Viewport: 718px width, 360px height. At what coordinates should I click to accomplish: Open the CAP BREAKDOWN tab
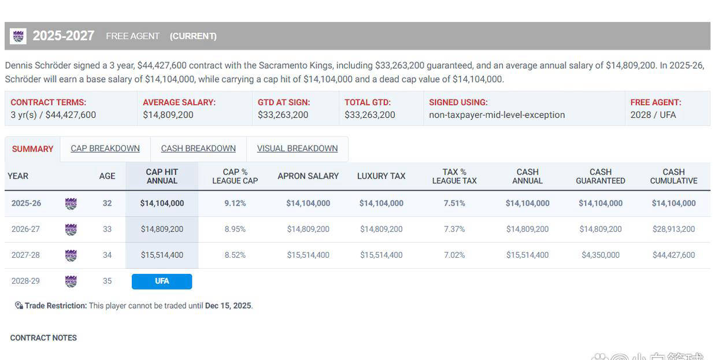point(105,149)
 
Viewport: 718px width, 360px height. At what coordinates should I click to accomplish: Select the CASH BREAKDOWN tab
point(198,149)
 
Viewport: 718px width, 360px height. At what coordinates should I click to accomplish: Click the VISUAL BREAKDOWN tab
point(297,149)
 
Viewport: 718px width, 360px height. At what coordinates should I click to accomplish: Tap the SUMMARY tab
point(32,149)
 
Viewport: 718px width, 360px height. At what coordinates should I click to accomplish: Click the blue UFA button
point(162,281)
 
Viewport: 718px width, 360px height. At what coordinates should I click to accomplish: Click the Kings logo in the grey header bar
point(18,36)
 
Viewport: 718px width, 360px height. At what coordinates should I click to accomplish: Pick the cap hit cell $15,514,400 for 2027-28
point(162,255)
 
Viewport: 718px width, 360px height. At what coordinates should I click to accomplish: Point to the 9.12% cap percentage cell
point(235,203)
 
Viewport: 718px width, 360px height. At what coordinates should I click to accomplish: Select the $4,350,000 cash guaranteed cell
point(601,255)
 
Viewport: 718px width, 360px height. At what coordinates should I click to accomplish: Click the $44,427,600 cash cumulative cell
point(673,255)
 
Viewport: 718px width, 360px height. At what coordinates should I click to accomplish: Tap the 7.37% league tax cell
point(454,229)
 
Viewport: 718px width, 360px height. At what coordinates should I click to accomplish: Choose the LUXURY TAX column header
point(381,176)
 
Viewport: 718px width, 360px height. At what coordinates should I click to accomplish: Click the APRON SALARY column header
point(308,176)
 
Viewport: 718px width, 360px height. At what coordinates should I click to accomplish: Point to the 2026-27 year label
point(26,229)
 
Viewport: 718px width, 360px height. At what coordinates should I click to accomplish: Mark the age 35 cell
point(107,281)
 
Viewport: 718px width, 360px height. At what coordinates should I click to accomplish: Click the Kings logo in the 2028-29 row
point(71,281)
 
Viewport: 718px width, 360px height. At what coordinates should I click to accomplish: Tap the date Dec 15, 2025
point(228,306)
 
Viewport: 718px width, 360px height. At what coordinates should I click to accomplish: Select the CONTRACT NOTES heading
point(43,338)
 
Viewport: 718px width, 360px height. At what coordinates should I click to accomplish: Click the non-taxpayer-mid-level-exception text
point(497,115)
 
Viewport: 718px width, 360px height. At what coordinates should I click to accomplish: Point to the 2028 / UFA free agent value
point(653,115)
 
